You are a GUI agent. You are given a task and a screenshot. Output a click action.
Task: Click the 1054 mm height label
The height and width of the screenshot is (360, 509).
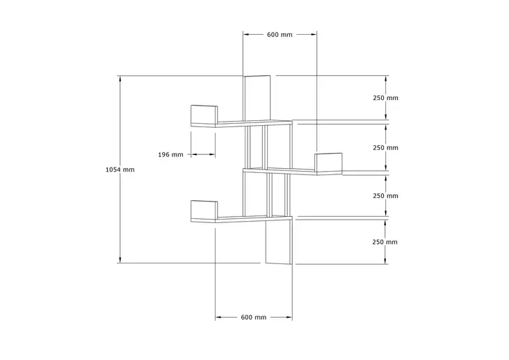tap(120, 170)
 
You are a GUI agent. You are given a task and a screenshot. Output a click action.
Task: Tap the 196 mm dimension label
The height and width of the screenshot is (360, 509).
tap(170, 155)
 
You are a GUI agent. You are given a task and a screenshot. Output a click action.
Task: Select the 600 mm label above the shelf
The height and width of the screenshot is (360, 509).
tap(280, 35)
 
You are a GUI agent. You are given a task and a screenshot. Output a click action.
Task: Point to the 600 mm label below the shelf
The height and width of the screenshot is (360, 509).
tap(254, 317)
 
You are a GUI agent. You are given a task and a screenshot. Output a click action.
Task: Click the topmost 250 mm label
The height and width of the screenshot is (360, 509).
tap(385, 98)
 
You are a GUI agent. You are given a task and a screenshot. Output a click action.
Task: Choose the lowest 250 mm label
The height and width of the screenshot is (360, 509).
tap(385, 242)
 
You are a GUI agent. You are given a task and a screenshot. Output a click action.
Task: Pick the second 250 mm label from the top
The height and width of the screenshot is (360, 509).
tap(385, 148)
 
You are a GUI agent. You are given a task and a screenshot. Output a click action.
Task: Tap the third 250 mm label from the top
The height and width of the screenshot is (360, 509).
tap(385, 196)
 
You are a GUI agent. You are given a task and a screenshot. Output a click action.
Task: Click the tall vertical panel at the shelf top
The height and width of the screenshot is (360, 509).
tap(257, 99)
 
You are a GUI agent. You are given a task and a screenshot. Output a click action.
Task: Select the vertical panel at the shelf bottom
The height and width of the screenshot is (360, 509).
tap(279, 241)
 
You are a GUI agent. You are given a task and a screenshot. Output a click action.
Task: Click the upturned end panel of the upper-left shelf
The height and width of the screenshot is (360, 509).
tap(204, 115)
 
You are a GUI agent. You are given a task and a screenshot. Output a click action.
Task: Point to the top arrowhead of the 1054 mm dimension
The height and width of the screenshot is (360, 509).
tap(120, 79)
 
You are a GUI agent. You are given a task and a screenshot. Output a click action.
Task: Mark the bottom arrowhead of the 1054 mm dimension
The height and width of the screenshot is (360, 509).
tap(120, 260)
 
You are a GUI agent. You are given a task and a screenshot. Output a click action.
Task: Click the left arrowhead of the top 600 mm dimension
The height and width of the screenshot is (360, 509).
tap(246, 34)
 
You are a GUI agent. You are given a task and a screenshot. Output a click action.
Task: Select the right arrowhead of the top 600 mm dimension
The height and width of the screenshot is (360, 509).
tap(314, 34)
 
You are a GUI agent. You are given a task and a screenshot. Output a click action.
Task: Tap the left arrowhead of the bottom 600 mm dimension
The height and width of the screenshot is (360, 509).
tap(218, 317)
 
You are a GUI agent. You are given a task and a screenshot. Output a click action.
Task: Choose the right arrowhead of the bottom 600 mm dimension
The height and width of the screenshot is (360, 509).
tap(289, 317)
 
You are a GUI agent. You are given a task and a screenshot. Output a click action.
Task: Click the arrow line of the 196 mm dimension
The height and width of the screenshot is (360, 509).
tap(203, 155)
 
